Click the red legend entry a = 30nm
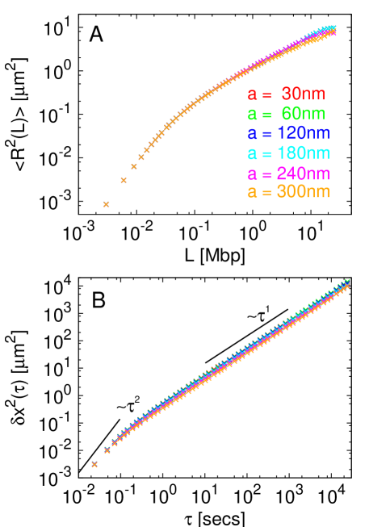(286, 94)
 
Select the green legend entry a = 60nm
(286, 114)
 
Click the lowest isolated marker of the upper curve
(106, 204)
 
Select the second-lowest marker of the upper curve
(124, 180)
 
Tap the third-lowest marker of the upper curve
(134, 166)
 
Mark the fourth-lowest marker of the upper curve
(141, 157)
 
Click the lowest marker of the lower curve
(94, 464)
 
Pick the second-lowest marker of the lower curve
(107, 450)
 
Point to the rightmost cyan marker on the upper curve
(333, 28)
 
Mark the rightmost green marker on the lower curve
(348, 281)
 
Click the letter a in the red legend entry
(252, 95)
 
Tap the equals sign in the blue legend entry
(267, 133)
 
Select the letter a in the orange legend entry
(252, 193)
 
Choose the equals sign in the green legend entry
(267, 114)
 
